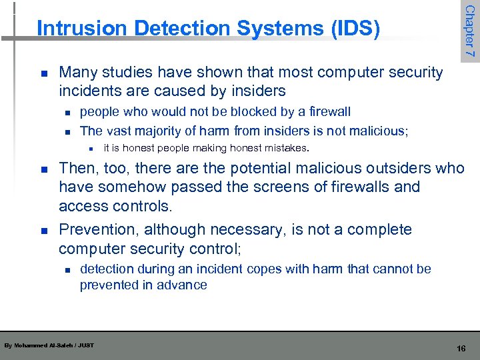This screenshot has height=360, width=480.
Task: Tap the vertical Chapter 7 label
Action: (469, 30)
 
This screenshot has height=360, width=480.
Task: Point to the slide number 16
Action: (461, 349)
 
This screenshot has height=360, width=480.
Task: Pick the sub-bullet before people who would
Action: (67, 112)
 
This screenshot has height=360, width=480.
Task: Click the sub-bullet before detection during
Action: (67, 270)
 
